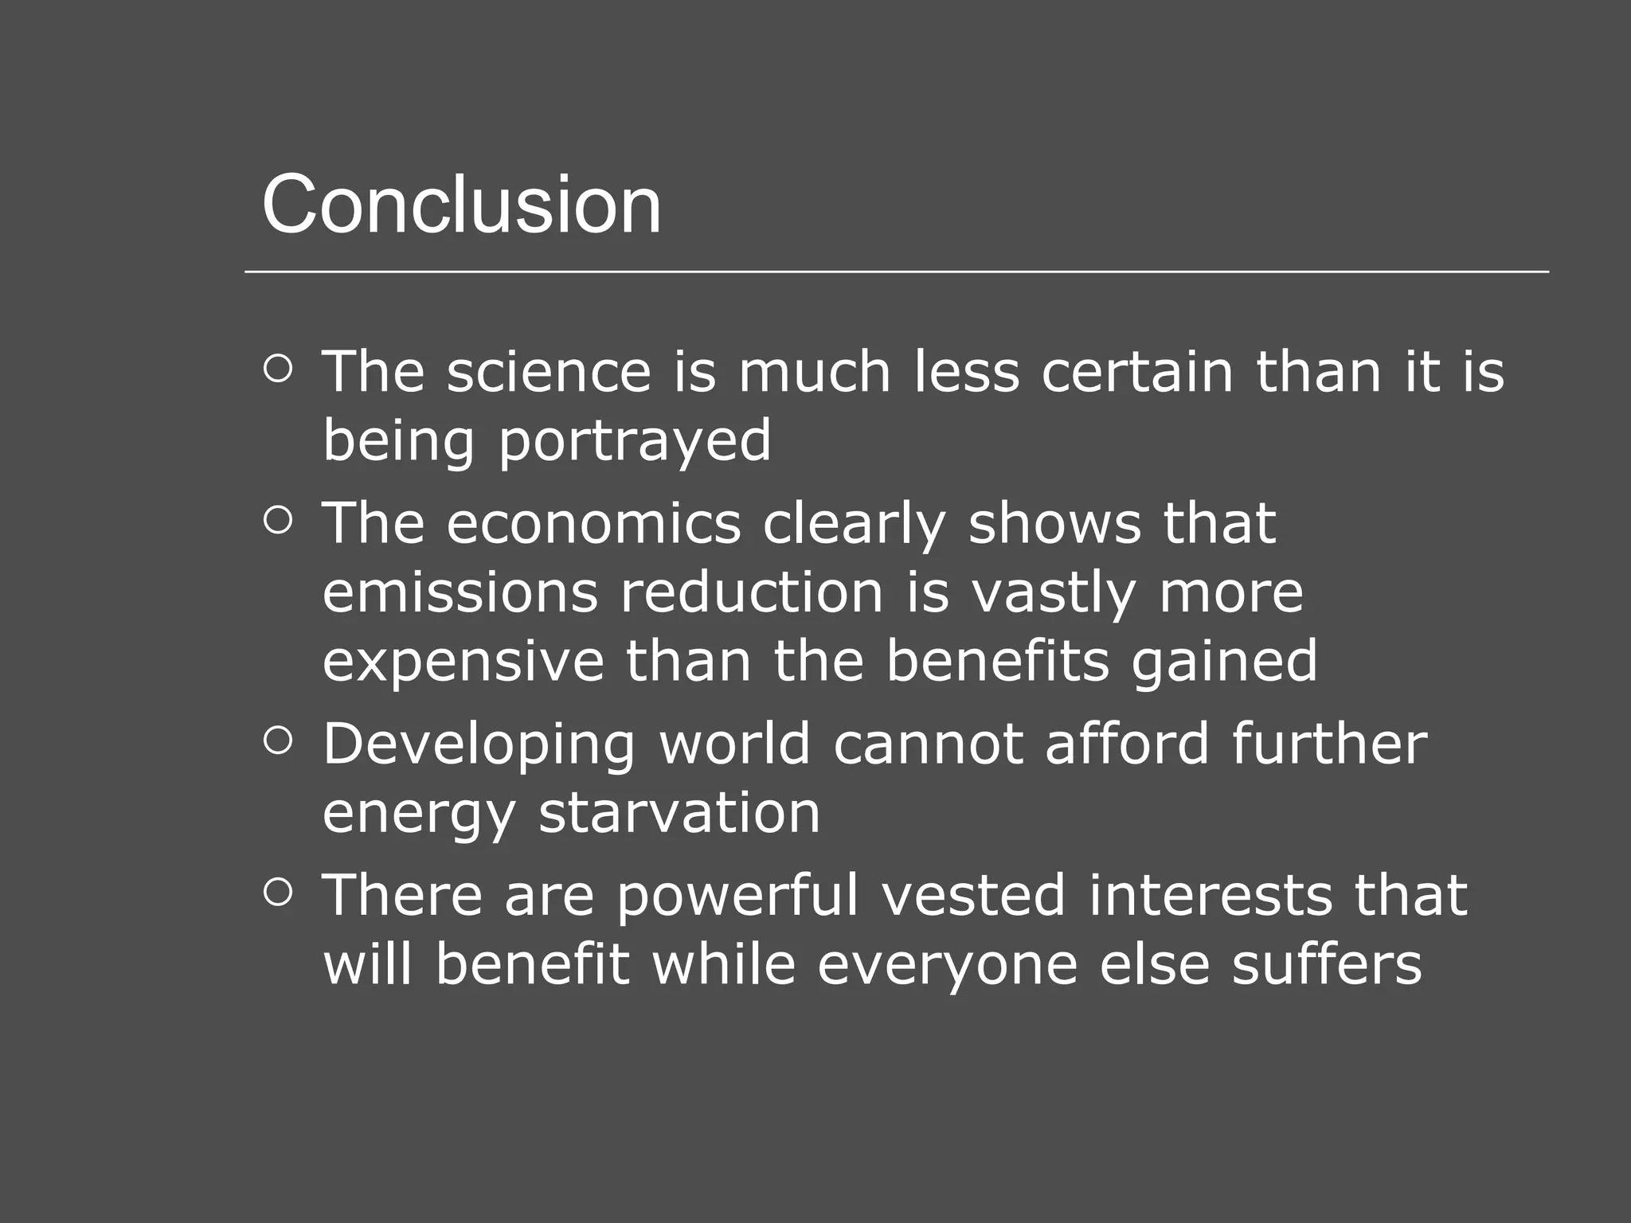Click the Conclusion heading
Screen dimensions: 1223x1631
[x=461, y=205]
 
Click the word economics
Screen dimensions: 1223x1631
[x=593, y=523]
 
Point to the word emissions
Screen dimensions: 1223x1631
[x=460, y=592]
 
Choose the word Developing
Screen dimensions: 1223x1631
[x=479, y=744]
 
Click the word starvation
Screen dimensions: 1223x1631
[x=679, y=813]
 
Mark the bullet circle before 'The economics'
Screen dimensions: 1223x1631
[x=277, y=521]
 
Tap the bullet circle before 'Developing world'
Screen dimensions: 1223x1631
[x=277, y=741]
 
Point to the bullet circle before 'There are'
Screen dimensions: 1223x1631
[x=277, y=893]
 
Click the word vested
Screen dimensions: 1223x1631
[x=973, y=896]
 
